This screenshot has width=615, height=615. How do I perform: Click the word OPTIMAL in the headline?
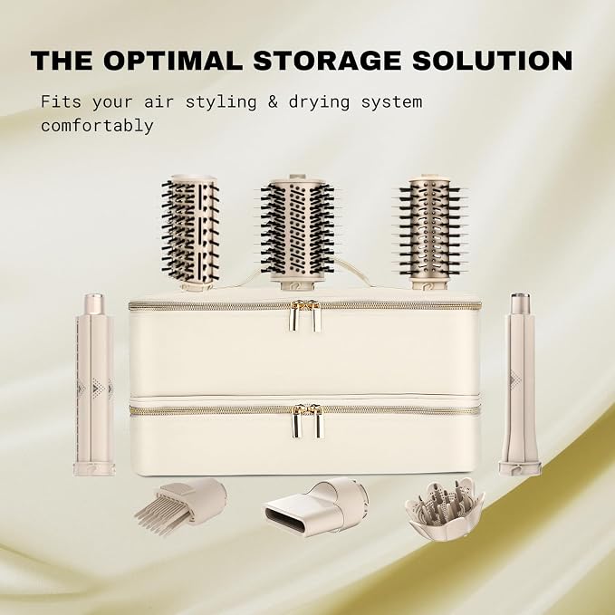click(173, 61)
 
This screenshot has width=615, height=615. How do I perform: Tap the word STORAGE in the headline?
click(327, 61)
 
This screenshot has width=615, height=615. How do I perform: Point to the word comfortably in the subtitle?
click(97, 126)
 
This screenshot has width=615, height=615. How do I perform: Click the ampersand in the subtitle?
click(273, 102)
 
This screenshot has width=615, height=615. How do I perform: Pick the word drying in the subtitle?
click(319, 102)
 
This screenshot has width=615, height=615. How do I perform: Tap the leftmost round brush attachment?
click(190, 233)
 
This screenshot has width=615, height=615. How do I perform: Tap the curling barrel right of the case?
click(521, 384)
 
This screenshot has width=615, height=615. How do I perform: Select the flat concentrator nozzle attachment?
click(316, 506)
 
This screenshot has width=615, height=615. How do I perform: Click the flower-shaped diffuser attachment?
click(445, 509)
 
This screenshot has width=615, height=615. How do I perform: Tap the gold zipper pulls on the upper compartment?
click(305, 315)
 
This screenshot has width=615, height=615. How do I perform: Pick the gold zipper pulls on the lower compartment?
click(308, 420)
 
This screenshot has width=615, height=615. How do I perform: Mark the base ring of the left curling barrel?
click(94, 469)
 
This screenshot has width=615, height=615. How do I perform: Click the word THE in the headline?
click(62, 61)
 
